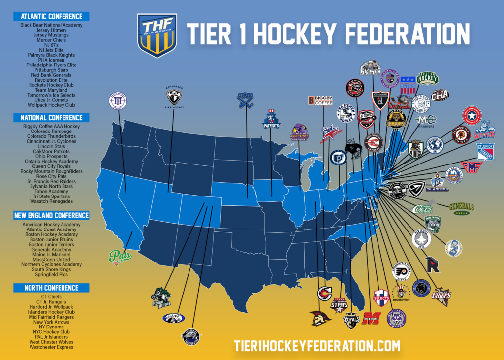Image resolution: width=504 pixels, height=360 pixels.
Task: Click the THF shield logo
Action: click(x=157, y=35)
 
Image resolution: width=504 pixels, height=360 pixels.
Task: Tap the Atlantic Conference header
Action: click(x=51, y=16)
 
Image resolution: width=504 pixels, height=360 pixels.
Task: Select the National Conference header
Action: click(x=51, y=118)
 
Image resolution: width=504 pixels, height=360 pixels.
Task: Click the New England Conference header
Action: click(x=51, y=216)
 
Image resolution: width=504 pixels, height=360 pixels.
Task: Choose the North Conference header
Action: click(x=51, y=288)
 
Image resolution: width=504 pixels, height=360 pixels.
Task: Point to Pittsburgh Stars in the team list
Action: click(x=51, y=70)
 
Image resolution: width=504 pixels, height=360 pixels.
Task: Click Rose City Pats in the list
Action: click(x=51, y=176)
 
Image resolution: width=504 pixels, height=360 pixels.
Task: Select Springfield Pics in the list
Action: click(x=51, y=274)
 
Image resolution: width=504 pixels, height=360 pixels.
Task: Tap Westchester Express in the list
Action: click(x=51, y=347)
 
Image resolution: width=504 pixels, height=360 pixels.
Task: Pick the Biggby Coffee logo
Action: click(x=320, y=100)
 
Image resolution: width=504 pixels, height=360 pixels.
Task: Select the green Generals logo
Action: click(x=461, y=207)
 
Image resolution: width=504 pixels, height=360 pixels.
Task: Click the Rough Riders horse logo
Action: click(x=161, y=297)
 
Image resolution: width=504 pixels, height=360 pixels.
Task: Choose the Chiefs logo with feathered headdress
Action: click(x=441, y=295)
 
